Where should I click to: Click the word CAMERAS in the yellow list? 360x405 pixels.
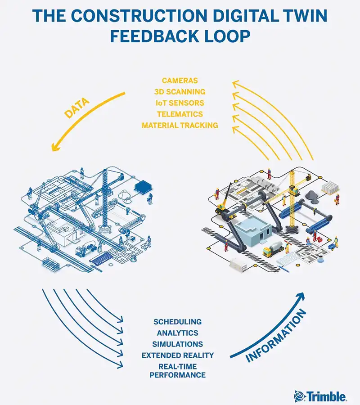[x=180, y=81]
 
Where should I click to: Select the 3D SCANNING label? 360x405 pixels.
[x=180, y=92]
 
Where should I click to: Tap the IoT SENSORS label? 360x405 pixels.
[x=180, y=103]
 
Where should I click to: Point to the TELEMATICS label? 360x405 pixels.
[x=180, y=114]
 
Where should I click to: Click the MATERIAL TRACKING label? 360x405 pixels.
[x=180, y=125]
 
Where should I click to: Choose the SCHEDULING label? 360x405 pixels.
[x=178, y=322]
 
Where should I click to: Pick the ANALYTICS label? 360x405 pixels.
[x=178, y=333]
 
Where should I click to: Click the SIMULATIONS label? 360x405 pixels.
[x=178, y=344]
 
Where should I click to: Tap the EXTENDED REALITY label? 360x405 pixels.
[x=178, y=355]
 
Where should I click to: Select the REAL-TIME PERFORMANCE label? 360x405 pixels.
[x=178, y=371]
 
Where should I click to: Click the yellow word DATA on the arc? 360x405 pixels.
[x=76, y=108]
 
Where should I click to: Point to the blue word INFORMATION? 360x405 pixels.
[x=275, y=336]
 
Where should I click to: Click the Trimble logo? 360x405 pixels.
[x=320, y=396]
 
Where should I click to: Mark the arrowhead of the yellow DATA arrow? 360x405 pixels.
[x=55, y=147]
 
